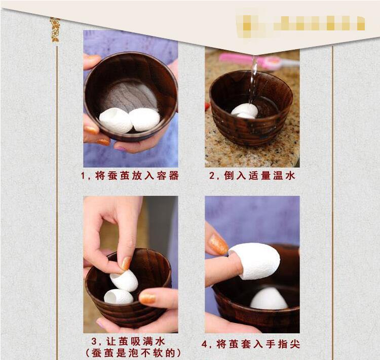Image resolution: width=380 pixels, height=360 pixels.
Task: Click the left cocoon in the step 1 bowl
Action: (x=116, y=120)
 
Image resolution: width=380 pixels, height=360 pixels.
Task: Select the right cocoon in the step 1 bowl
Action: (x=145, y=119)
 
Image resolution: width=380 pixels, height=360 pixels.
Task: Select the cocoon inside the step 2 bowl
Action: (x=245, y=111)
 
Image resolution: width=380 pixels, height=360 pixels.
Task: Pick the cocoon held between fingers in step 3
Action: (x=125, y=280)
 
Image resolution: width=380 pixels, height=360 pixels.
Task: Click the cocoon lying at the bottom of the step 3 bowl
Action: (x=119, y=297)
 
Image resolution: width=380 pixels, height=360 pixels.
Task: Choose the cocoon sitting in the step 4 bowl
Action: (x=269, y=299)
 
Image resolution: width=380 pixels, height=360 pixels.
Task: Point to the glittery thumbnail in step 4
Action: (x=218, y=244)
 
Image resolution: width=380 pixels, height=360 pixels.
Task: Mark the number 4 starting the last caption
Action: (x=205, y=344)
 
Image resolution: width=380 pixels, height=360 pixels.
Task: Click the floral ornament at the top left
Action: (x=55, y=30)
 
